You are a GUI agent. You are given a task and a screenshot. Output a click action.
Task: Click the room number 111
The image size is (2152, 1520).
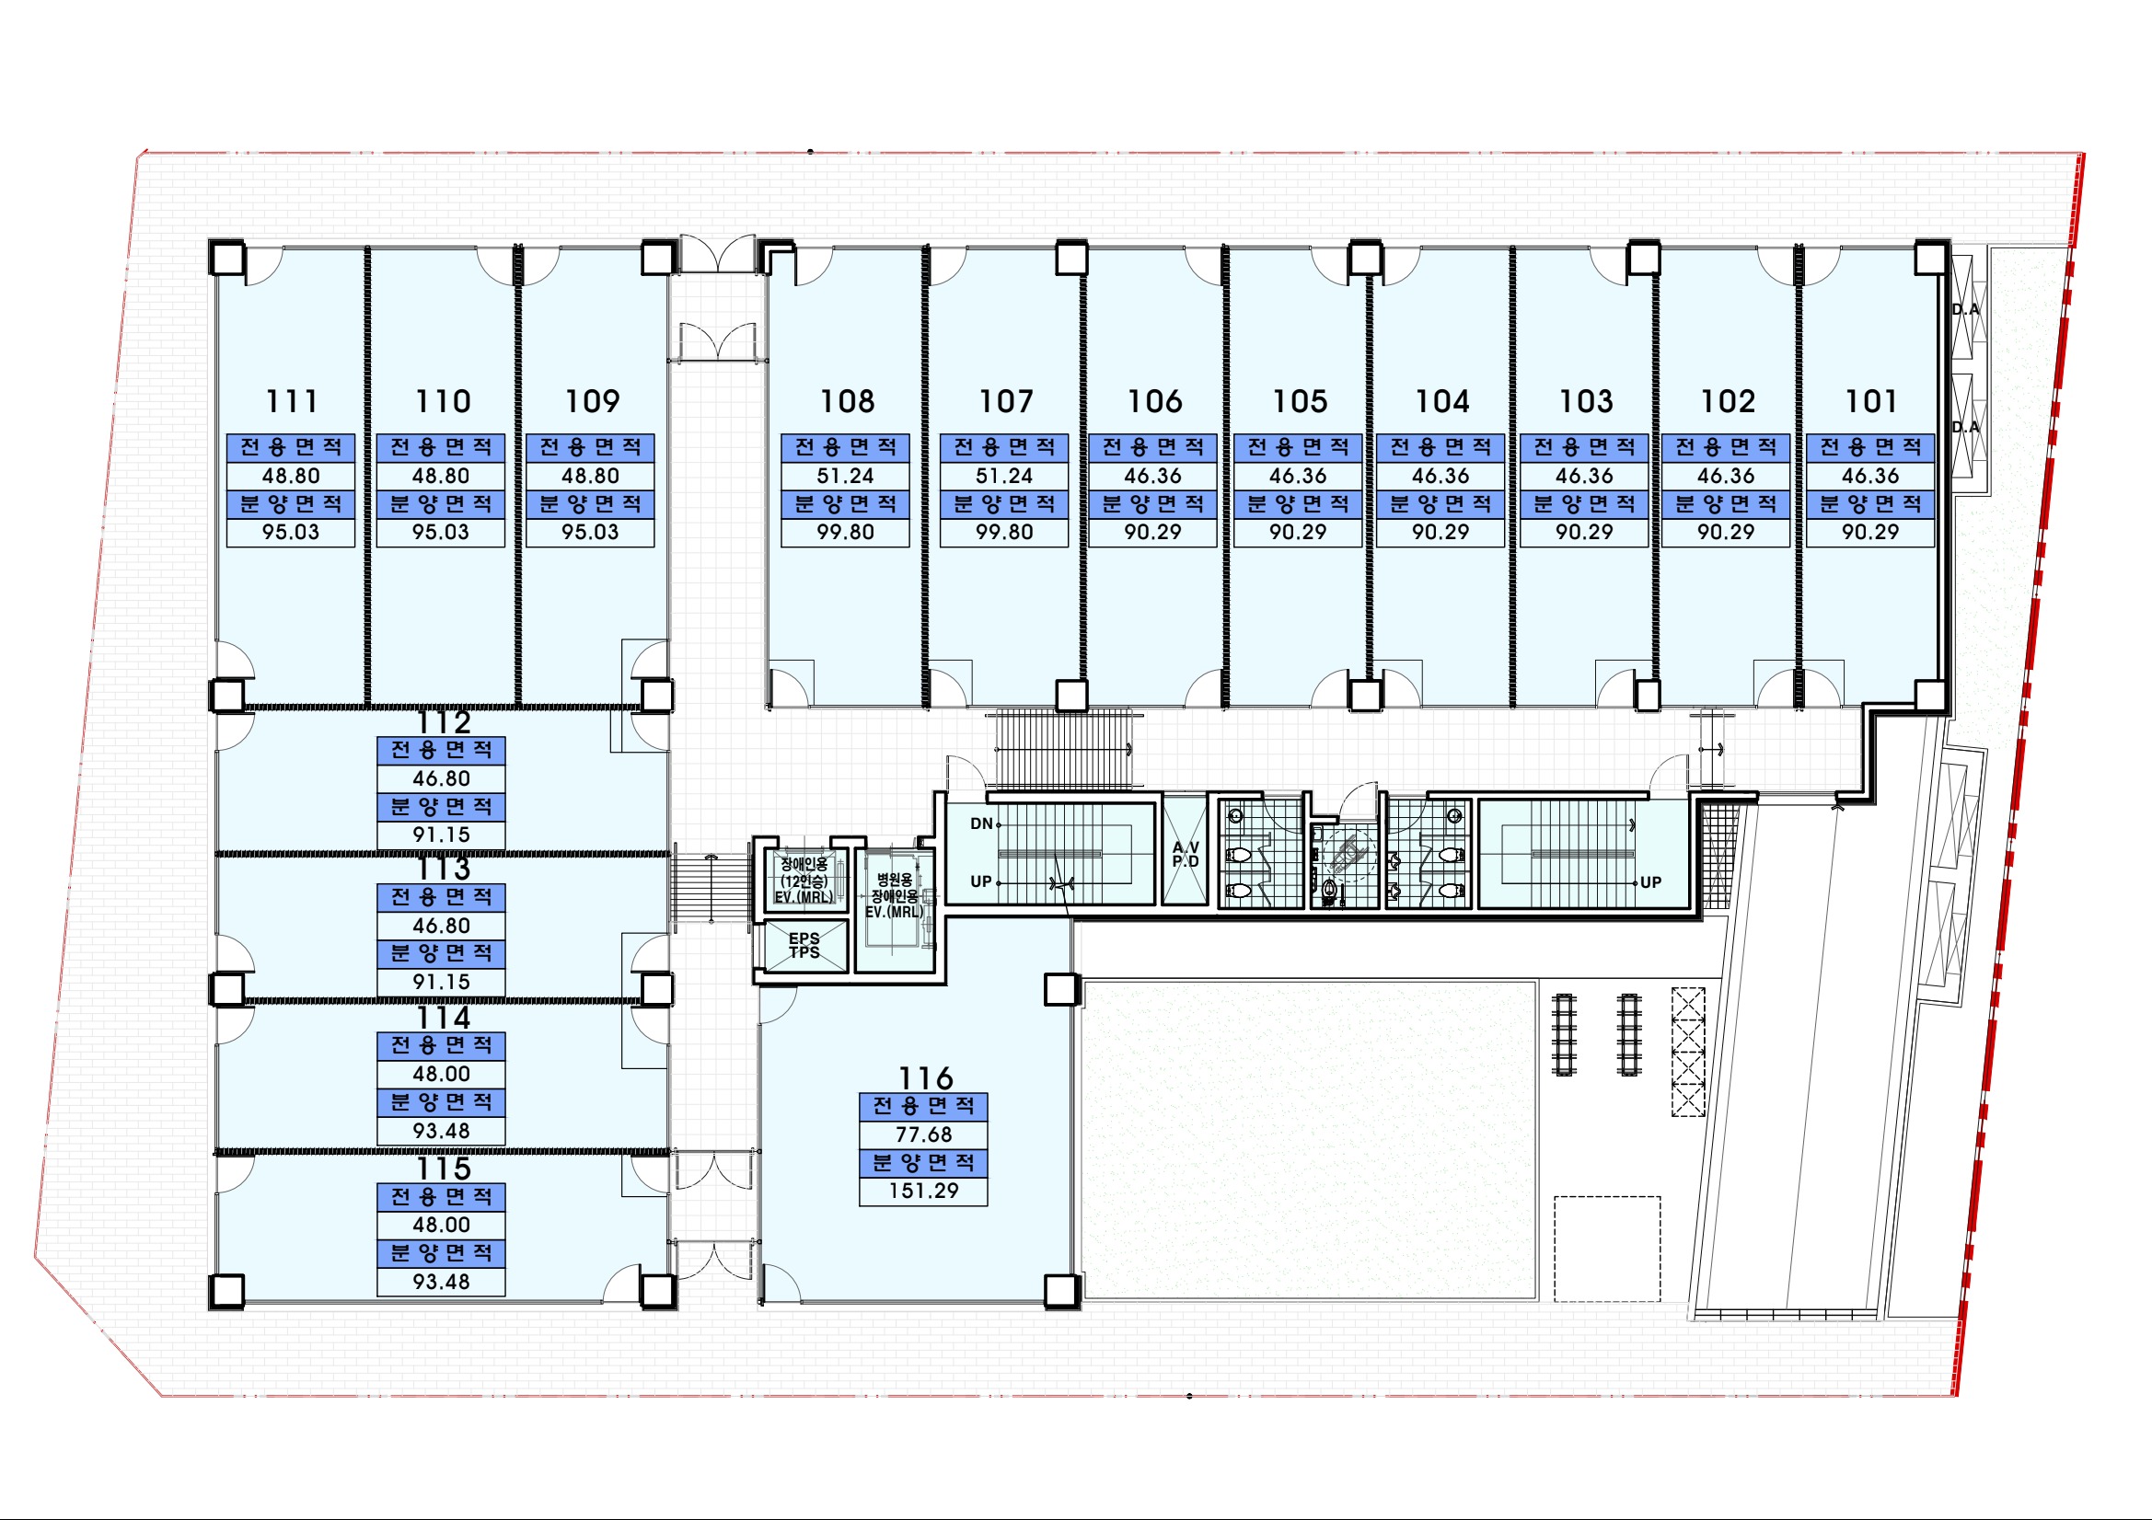pyautogui.click(x=292, y=401)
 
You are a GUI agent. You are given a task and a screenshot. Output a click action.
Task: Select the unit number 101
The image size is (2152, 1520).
pyautogui.click(x=1871, y=401)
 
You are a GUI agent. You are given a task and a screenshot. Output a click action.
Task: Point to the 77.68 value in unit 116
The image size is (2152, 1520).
pyautogui.click(x=923, y=1134)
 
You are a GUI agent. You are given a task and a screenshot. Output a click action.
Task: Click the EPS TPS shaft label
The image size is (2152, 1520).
pyautogui.click(x=804, y=945)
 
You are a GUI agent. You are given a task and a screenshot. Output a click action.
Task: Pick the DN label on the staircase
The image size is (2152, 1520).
pyautogui.click(x=981, y=823)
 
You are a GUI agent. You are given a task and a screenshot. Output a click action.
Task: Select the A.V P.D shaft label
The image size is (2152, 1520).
pyautogui.click(x=1186, y=854)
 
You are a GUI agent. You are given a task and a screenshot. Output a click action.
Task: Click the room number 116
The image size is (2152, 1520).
pyautogui.click(x=925, y=1077)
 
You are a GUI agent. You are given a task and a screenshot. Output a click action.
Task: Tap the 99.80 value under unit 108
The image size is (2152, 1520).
pyautogui.click(x=845, y=531)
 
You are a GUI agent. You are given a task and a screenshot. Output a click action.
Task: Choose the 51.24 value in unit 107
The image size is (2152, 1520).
pyautogui.click(x=1004, y=475)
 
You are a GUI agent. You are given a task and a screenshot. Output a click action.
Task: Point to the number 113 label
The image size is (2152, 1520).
pyautogui.click(x=444, y=869)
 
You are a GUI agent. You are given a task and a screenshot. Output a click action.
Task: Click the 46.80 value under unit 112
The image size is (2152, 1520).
pyautogui.click(x=442, y=777)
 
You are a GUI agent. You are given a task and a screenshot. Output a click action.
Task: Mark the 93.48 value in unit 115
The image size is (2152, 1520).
pyautogui.click(x=442, y=1281)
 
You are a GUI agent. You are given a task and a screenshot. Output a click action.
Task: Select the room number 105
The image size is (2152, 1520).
pyautogui.click(x=1300, y=401)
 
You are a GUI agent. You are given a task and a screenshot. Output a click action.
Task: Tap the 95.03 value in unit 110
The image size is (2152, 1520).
pyautogui.click(x=441, y=531)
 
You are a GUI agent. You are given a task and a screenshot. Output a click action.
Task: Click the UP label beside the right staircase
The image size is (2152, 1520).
pyautogui.click(x=1650, y=881)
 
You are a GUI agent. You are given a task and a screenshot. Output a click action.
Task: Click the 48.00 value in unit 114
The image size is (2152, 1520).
pyautogui.click(x=442, y=1073)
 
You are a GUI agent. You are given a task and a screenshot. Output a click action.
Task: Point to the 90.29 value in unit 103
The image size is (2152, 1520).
pyautogui.click(x=1584, y=531)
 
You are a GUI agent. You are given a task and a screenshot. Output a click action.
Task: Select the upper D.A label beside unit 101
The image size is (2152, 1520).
pyautogui.click(x=1965, y=309)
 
